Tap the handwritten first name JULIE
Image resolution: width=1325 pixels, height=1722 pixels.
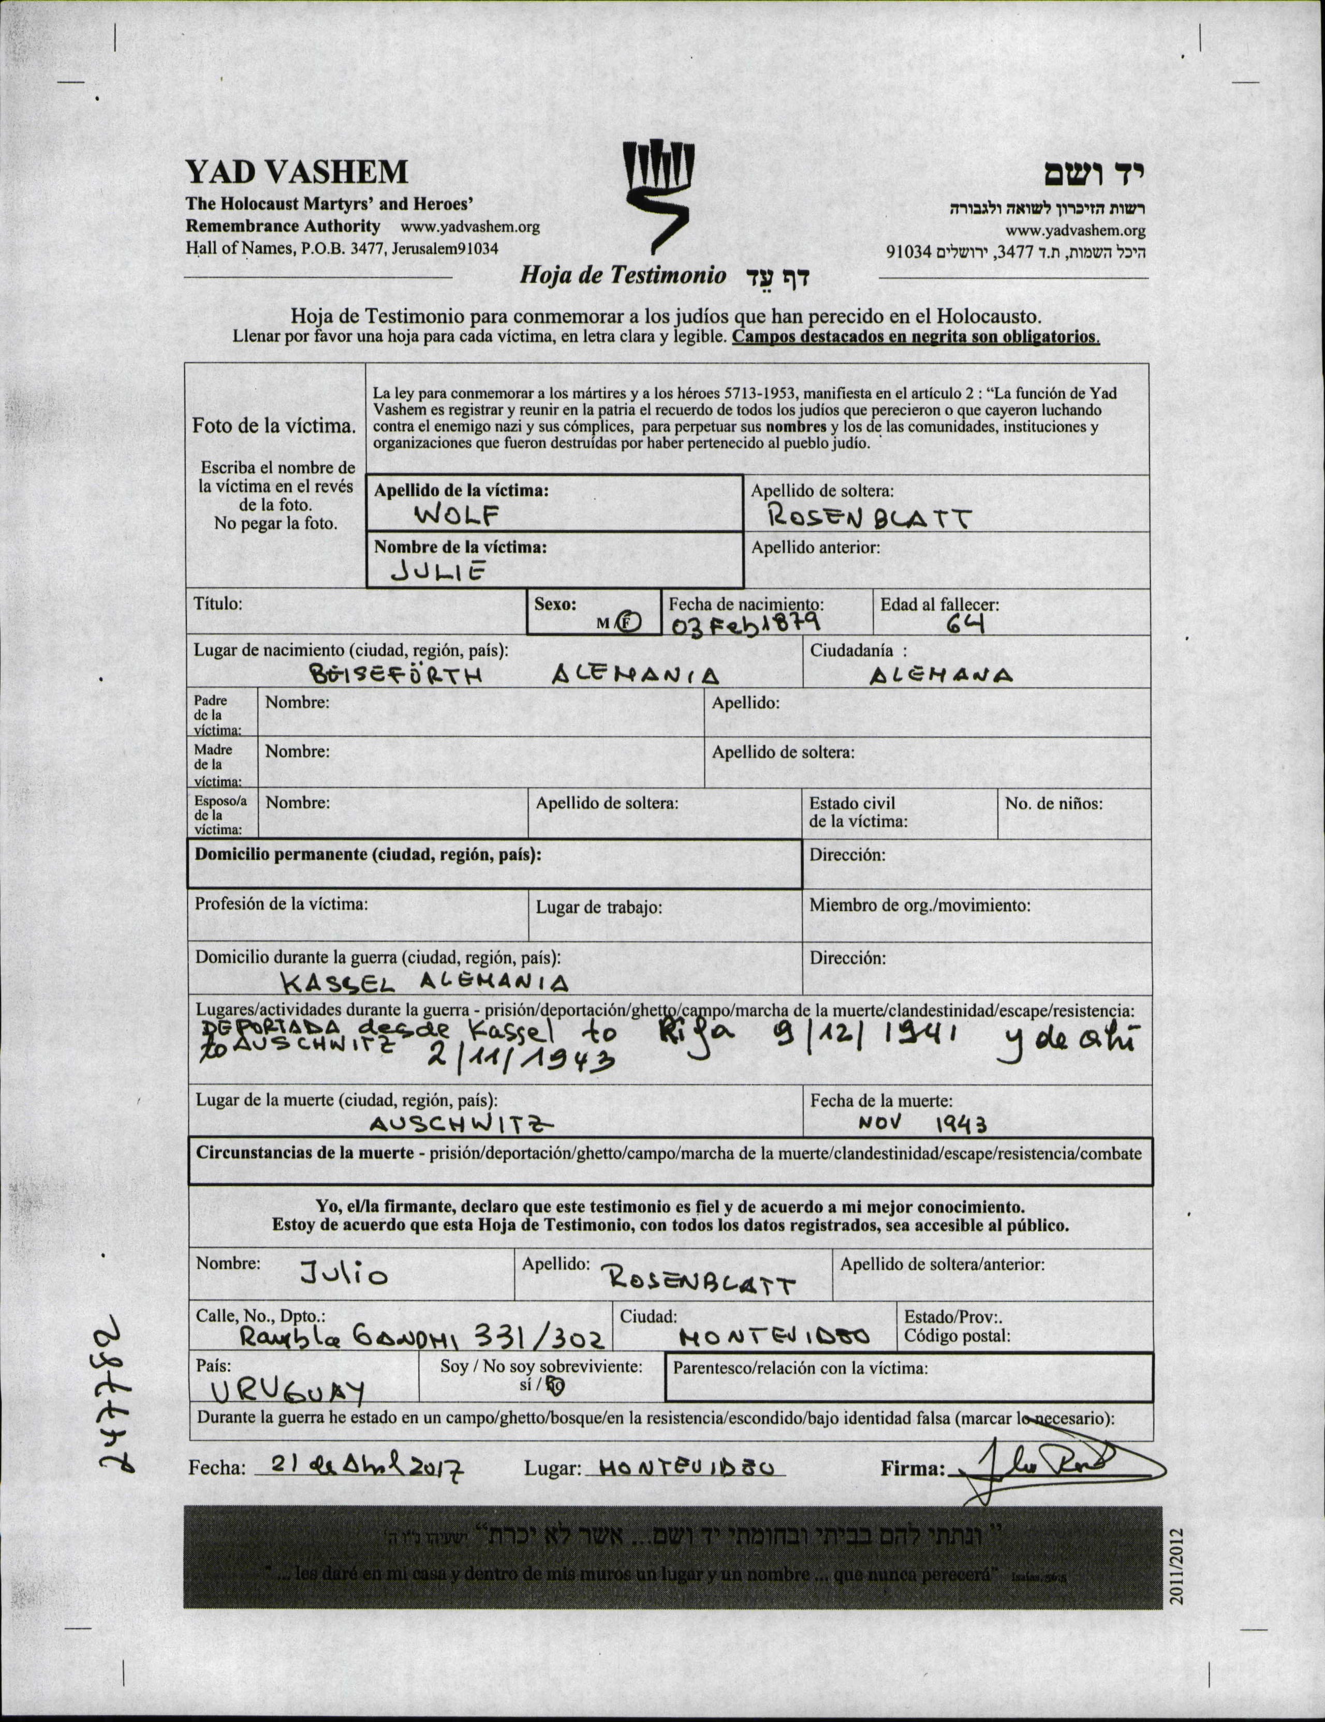coord(438,572)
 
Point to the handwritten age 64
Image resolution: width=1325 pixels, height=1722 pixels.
coord(965,625)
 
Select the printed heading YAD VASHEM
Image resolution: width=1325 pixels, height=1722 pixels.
coord(297,172)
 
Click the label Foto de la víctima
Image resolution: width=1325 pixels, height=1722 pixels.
coord(274,426)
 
